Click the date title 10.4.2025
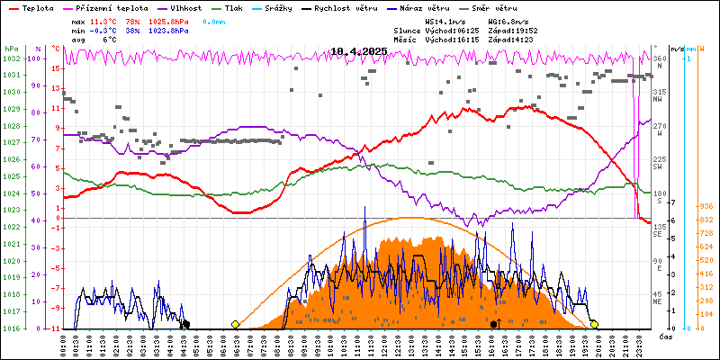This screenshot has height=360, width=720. pyautogui.click(x=358, y=51)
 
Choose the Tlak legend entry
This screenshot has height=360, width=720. pyautogui.click(x=243, y=7)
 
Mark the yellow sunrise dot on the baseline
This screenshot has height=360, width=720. pyautogui.click(x=235, y=324)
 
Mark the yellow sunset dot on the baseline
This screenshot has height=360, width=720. pyautogui.click(x=594, y=324)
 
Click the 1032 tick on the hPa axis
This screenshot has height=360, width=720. pyautogui.click(x=11, y=58)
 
